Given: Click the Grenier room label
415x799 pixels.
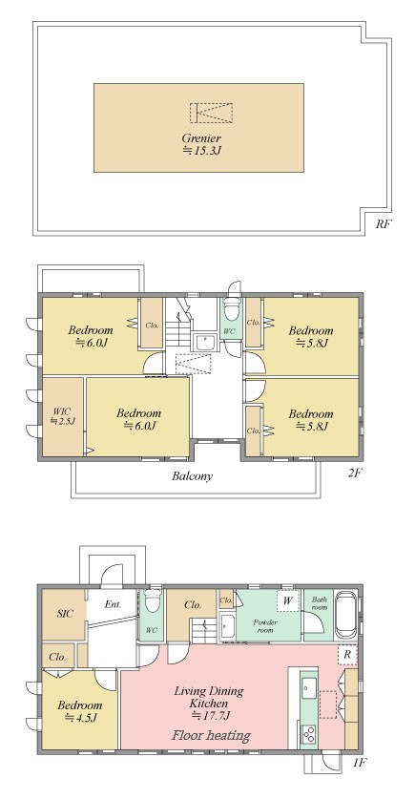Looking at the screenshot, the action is click(201, 144).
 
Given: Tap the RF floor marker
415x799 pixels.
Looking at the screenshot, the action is click(384, 223).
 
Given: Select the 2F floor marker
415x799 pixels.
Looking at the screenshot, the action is click(354, 473).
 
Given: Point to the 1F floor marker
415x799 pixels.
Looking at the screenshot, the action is click(359, 763).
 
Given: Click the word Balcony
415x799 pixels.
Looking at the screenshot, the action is click(192, 476).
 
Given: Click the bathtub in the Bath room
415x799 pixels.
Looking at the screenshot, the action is click(345, 614).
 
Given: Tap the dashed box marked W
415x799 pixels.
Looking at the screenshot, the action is click(288, 600).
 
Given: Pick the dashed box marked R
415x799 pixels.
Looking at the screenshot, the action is click(347, 655).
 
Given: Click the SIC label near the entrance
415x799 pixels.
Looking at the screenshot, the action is click(64, 614).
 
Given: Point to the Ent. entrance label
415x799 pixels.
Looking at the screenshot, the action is click(113, 605).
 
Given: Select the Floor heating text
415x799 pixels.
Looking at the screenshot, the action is click(211, 735).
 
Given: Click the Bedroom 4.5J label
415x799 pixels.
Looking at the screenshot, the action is click(79, 712).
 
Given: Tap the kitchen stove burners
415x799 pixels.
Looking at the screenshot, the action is click(308, 733).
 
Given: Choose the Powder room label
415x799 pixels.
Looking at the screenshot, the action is click(265, 626).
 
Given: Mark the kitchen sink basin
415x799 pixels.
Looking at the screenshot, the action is click(308, 689).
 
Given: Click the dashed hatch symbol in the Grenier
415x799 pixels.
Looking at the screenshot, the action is click(211, 113).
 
